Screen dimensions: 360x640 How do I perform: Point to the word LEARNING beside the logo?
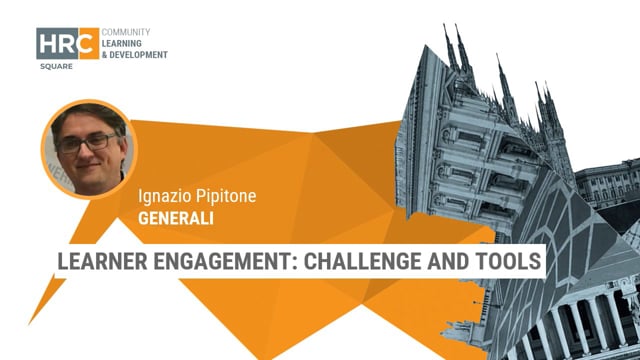(125, 43)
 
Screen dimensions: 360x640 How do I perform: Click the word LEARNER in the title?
(102, 262)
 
